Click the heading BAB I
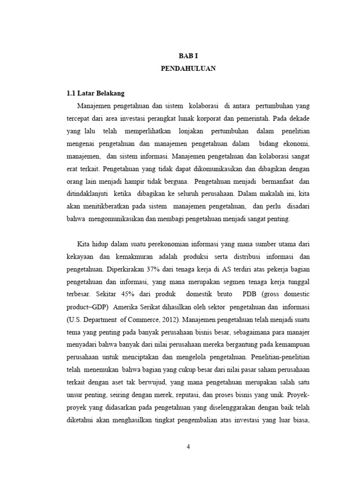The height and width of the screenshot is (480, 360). tap(187, 55)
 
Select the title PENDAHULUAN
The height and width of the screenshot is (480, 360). tap(187, 68)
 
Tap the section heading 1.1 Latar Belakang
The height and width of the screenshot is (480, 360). tap(95, 93)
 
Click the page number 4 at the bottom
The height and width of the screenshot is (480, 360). tap(188, 446)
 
